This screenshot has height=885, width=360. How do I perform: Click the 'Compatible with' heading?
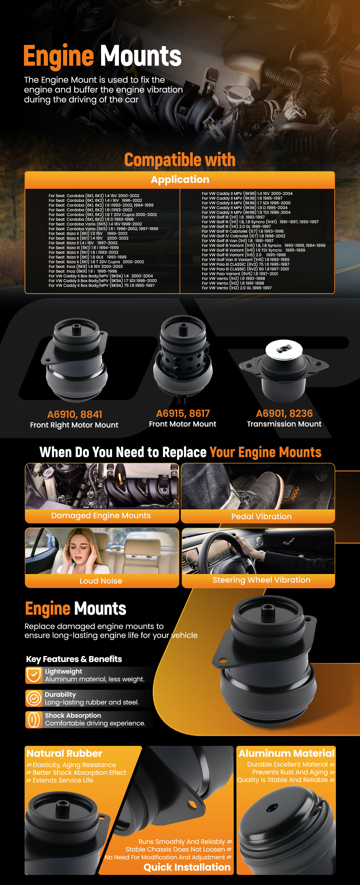tap(180, 160)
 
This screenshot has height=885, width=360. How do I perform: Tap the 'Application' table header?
tap(180, 179)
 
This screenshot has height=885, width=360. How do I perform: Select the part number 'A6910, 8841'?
tap(75, 414)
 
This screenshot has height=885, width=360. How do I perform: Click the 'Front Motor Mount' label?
tap(182, 424)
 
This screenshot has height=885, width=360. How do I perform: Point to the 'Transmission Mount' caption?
tap(284, 424)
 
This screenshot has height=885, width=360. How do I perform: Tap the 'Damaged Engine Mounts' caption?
tap(101, 515)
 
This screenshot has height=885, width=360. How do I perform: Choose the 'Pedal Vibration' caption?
tap(261, 516)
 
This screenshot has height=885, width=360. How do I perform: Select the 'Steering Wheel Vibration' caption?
tap(261, 580)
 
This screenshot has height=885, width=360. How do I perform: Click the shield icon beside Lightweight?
tap(34, 675)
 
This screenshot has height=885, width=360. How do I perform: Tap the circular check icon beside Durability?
tap(34, 698)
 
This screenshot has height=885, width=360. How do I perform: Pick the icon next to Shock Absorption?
tap(34, 719)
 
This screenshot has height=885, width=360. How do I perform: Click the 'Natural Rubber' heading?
tap(65, 753)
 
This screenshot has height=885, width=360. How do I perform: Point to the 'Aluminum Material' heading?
tap(286, 753)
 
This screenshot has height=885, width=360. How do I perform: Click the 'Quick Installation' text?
tap(187, 867)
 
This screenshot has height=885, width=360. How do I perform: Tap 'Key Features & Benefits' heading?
tap(74, 659)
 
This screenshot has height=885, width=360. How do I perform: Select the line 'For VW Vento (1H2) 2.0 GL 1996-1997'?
tap(237, 288)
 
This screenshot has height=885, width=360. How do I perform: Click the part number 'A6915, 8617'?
tap(183, 413)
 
